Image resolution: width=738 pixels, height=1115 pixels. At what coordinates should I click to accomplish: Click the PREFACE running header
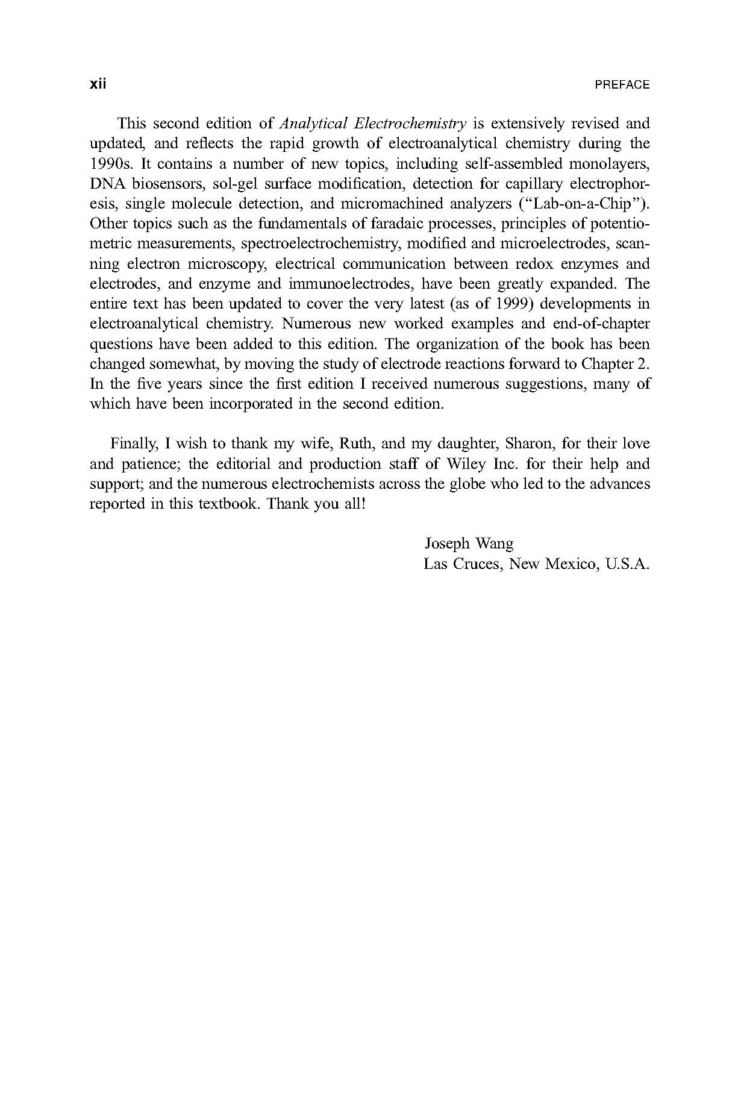coord(622,85)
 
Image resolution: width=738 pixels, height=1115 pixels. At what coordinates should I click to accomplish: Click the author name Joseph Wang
coord(469,544)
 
